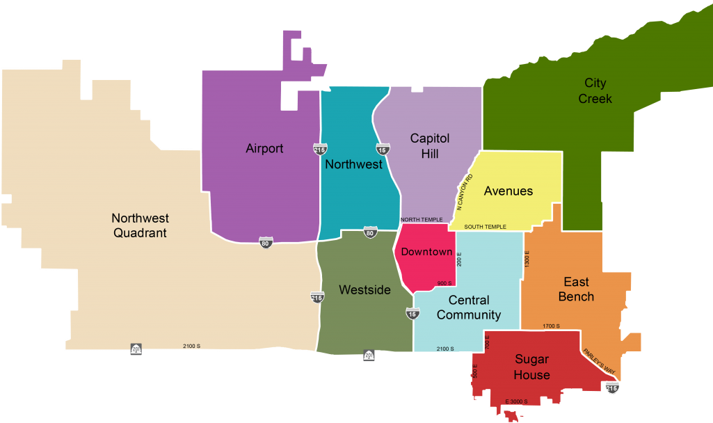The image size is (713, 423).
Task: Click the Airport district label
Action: pyautogui.click(x=264, y=149)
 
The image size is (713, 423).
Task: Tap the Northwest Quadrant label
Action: pyautogui.click(x=140, y=226)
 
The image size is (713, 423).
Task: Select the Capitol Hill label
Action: pyautogui.click(x=429, y=146)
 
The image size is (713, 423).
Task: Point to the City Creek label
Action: pyautogui.click(x=595, y=91)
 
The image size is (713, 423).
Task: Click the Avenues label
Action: pyautogui.click(x=508, y=191)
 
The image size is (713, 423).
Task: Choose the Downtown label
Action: pyautogui.click(x=427, y=252)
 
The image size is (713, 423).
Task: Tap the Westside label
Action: pyautogui.click(x=364, y=290)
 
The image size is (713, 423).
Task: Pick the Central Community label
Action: pyautogui.click(x=468, y=308)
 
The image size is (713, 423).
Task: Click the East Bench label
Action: pyautogui.click(x=577, y=289)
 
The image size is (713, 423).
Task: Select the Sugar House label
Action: pyautogui.click(x=531, y=367)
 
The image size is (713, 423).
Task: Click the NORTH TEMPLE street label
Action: pyautogui.click(x=422, y=220)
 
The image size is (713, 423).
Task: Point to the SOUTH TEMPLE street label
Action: pyautogui.click(x=486, y=227)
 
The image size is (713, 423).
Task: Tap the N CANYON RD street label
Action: pyautogui.click(x=465, y=193)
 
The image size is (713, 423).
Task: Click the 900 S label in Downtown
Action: pyautogui.click(x=444, y=283)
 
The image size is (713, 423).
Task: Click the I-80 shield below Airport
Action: pyautogui.click(x=266, y=243)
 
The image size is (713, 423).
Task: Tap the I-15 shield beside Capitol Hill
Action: pyautogui.click(x=383, y=149)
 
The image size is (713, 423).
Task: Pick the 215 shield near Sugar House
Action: pyautogui.click(x=612, y=388)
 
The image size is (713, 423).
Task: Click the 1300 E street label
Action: pyautogui.click(x=527, y=260)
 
